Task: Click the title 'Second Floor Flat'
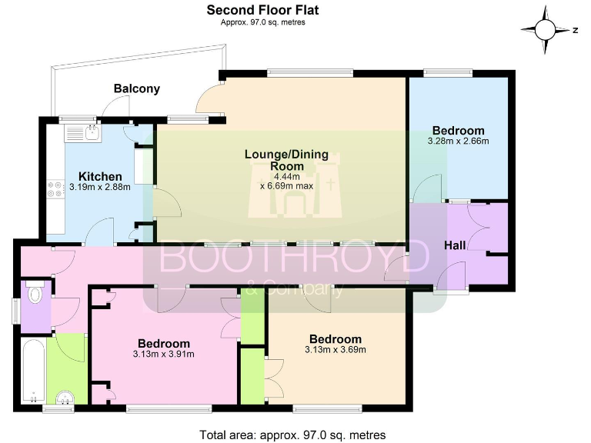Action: (x=262, y=10)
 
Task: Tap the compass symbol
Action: (x=545, y=30)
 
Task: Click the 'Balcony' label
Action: (x=137, y=88)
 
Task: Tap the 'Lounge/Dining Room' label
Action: (x=285, y=160)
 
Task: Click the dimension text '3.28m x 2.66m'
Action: (x=458, y=141)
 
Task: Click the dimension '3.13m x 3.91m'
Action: (x=163, y=354)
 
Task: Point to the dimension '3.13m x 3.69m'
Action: (x=335, y=350)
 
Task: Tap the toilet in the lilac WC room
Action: (x=34, y=295)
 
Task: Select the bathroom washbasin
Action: (x=67, y=397)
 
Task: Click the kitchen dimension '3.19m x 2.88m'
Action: (x=100, y=186)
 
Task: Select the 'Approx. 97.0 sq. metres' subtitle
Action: (x=262, y=22)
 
